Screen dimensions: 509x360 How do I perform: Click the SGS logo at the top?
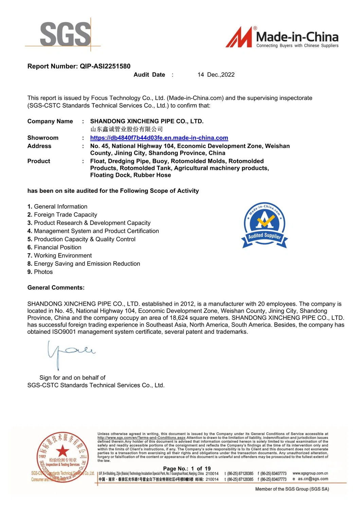65,34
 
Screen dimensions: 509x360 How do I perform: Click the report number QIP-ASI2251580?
105,66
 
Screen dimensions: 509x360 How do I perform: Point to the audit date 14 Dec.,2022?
216,75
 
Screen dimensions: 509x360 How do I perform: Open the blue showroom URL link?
159,138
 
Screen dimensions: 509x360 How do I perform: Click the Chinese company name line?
126,129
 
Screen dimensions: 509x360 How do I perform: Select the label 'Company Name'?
50,121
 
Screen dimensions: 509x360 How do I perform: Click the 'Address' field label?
39,146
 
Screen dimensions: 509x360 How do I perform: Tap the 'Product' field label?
39,161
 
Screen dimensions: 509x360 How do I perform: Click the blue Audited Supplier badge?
265,226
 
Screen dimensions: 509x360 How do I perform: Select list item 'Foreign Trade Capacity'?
65,215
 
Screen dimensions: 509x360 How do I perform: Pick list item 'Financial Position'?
57,247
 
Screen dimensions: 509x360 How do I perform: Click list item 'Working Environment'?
63,255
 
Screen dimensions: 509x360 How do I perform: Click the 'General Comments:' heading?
56,288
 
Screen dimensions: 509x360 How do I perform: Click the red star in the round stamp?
62,451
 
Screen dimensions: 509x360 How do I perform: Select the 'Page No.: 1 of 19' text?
187,469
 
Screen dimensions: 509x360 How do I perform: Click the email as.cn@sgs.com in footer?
313,479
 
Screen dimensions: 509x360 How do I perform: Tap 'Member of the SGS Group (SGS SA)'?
292,489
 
